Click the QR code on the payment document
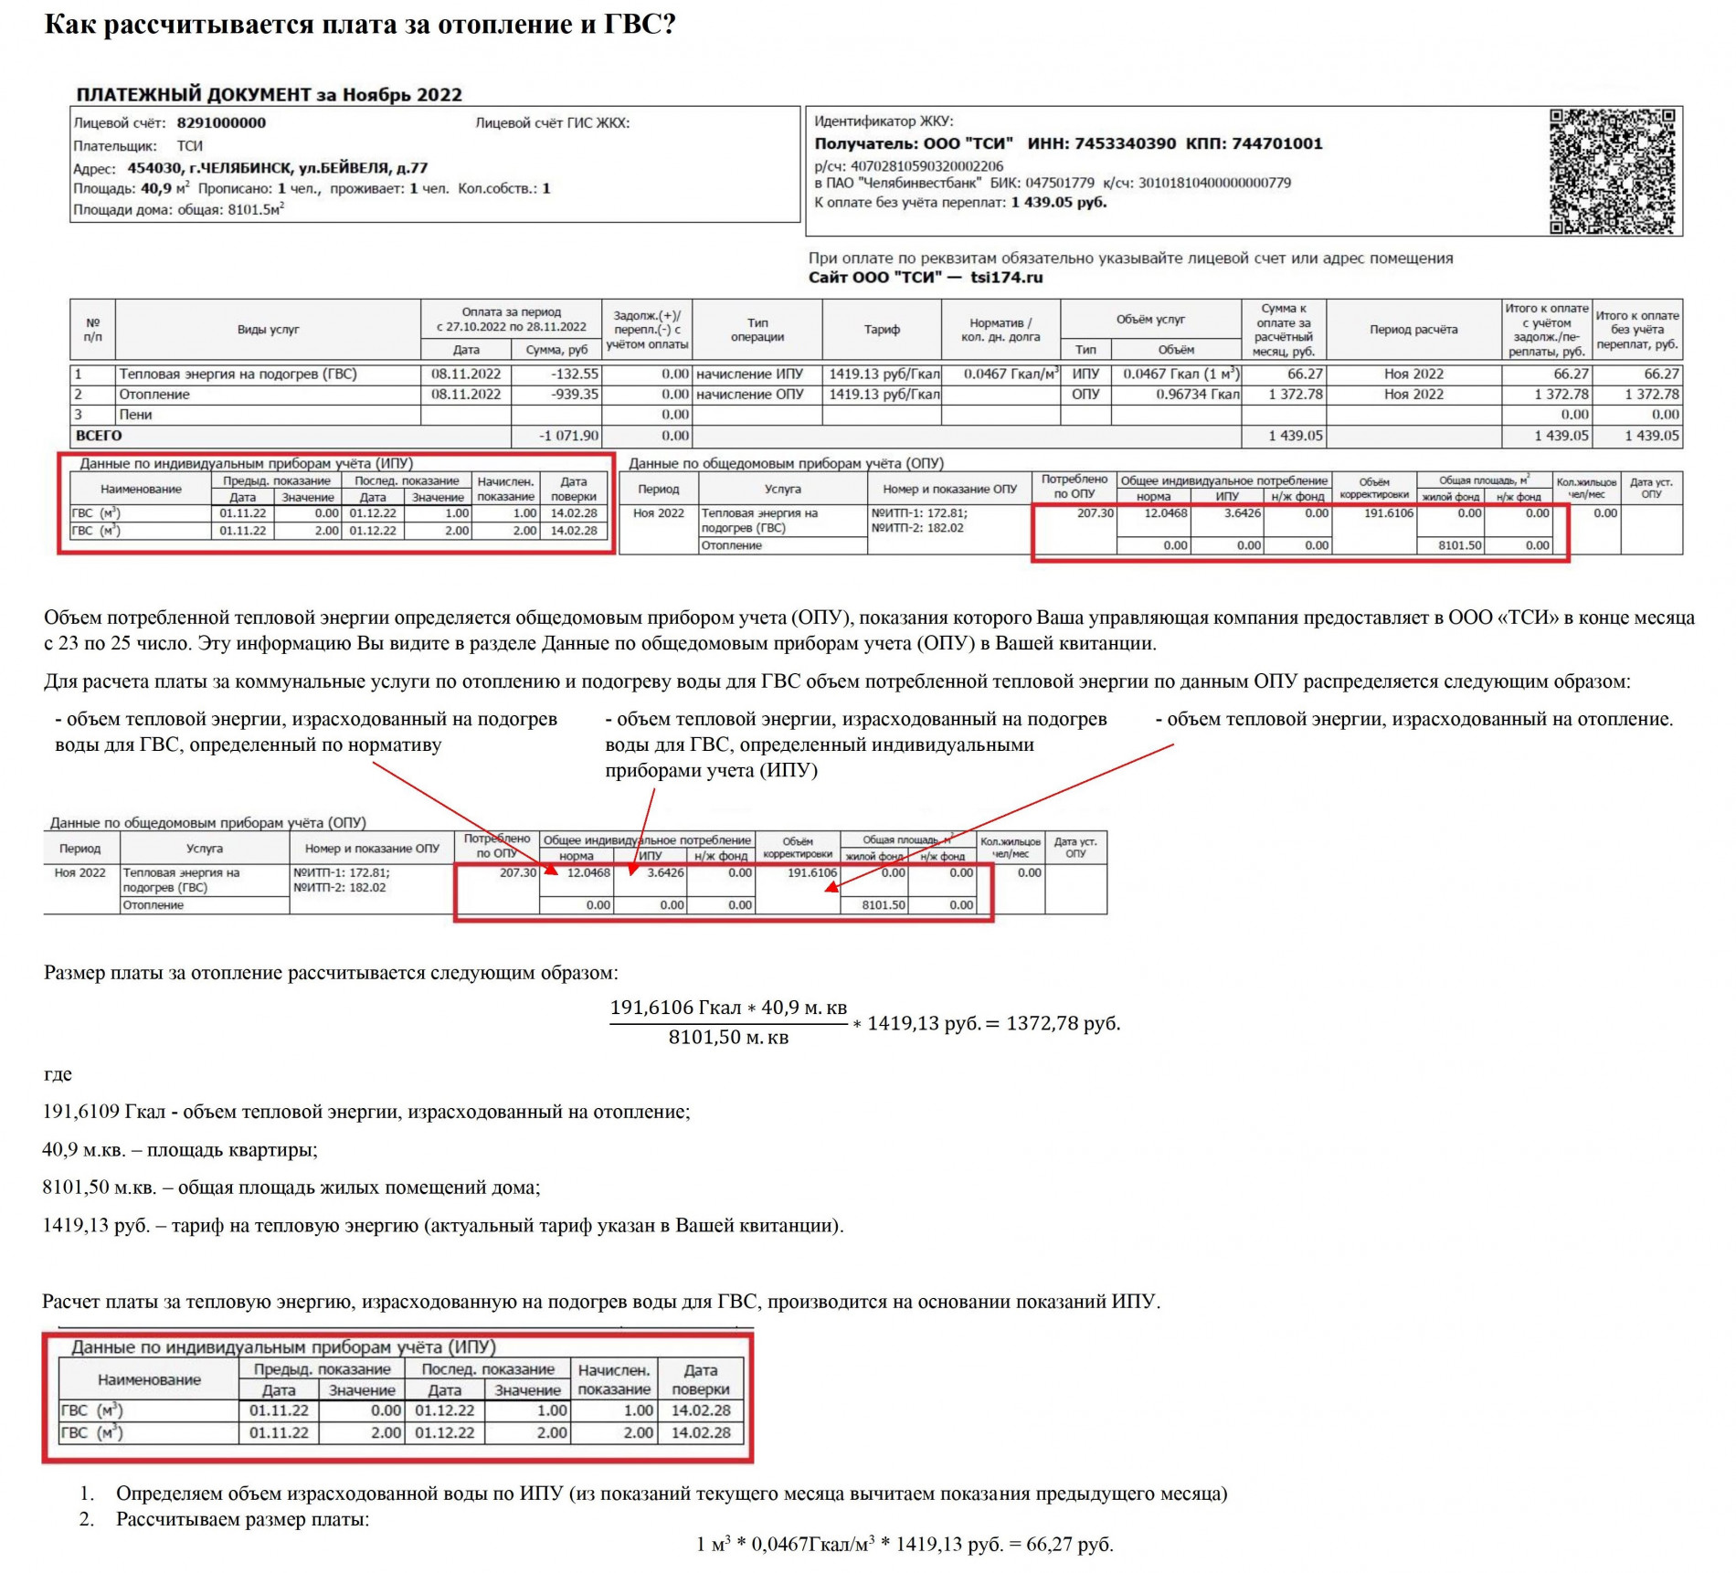1613,171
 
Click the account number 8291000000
221,123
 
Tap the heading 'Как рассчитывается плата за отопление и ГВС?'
360,25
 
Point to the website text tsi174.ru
1006,278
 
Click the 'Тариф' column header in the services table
882,330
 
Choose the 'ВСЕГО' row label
99,436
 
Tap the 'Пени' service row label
135,415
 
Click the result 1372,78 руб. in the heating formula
1063,1023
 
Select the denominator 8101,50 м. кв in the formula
728,1038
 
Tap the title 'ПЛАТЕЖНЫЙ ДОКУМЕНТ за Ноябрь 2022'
269,95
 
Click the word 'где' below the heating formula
58,1074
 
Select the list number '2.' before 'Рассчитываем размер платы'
87,1519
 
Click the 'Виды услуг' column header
268,330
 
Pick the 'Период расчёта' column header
1413,330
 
